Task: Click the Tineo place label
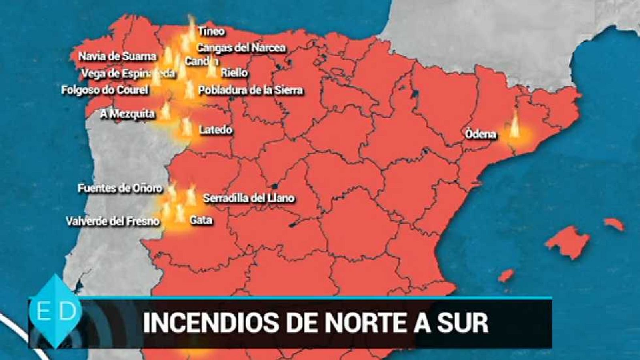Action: click(212, 31)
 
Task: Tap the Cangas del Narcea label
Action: click(241, 48)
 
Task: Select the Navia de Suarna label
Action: click(117, 56)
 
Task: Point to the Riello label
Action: click(234, 73)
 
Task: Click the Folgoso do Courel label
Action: click(104, 90)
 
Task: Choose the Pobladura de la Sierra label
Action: click(251, 90)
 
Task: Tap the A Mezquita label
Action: click(127, 114)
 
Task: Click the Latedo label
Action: click(216, 130)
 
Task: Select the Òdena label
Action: click(480, 134)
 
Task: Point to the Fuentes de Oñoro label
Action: click(120, 188)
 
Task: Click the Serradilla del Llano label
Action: click(249, 198)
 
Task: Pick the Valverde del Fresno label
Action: click(113, 221)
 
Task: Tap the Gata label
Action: click(201, 220)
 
